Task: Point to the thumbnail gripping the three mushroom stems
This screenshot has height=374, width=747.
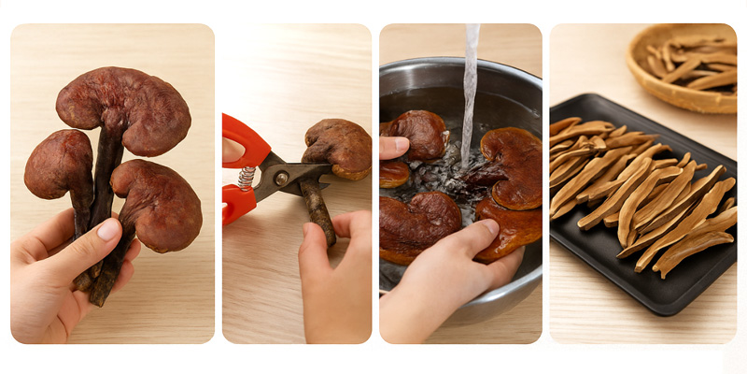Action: point(109,229)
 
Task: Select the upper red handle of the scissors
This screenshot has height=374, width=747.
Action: point(245,140)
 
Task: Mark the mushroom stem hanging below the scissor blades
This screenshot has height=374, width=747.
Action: point(318,212)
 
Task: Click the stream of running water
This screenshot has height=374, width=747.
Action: point(470,84)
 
